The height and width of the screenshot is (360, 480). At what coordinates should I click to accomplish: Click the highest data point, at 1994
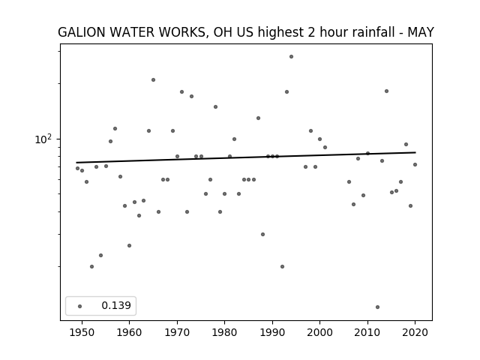click(292, 57)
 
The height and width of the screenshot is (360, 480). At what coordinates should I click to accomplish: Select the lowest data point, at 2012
click(377, 307)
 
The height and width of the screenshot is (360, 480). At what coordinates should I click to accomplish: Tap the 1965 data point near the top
click(153, 80)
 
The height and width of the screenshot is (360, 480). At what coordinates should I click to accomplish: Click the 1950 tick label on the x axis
click(82, 332)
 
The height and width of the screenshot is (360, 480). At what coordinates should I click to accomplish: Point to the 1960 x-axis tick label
click(130, 332)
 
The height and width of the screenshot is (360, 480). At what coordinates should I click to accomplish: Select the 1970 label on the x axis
click(177, 332)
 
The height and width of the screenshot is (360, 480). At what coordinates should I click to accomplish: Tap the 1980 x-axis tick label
click(225, 332)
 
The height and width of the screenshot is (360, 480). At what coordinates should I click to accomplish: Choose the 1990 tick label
click(272, 332)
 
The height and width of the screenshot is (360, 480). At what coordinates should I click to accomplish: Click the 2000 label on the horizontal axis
click(320, 332)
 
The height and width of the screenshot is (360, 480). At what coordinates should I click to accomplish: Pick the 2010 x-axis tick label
click(367, 332)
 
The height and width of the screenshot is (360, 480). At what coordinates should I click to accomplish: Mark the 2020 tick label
click(415, 332)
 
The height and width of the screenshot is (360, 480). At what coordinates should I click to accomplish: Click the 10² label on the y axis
click(43, 139)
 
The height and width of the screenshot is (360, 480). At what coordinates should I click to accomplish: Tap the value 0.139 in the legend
click(116, 305)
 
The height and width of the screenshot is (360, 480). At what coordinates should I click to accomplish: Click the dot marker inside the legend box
click(80, 306)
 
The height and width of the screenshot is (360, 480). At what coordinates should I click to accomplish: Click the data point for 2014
click(387, 91)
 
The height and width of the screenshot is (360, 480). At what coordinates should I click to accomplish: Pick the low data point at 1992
click(282, 267)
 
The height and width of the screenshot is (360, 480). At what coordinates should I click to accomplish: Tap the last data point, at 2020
click(415, 165)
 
